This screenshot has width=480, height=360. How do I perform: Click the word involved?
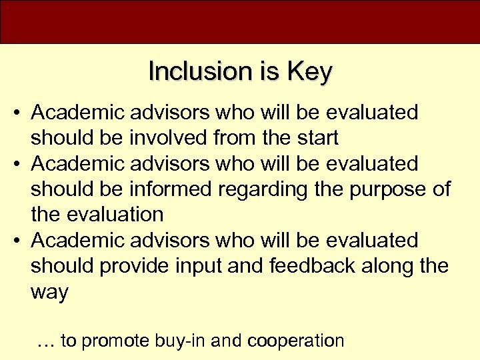coord(170,138)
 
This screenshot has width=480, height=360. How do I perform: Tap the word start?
coord(315,138)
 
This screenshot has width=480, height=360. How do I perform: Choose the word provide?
coord(136,265)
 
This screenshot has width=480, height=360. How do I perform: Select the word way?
coord(49,292)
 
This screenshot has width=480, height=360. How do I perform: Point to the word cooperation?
coord(295,341)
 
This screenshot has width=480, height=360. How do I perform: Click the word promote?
coord(115,341)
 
